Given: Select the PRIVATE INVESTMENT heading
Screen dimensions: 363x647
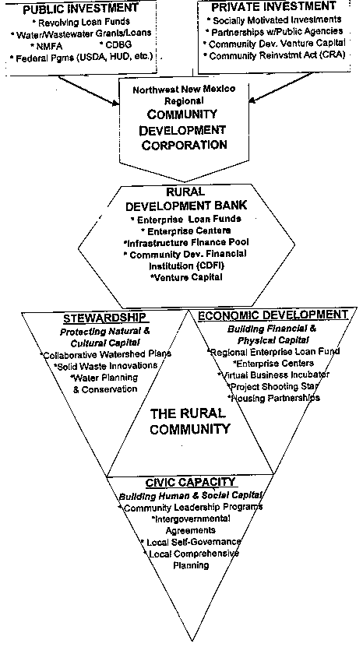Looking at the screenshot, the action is [x=273, y=6].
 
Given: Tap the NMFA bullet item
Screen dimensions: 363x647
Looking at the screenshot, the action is [x=46, y=46].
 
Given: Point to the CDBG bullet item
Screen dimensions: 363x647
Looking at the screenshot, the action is [x=115, y=46].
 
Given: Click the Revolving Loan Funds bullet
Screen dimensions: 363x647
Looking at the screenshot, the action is [x=80, y=23].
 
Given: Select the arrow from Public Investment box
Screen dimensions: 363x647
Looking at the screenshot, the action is [x=88, y=91].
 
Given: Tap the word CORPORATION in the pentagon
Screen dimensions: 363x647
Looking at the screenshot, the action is [x=184, y=145].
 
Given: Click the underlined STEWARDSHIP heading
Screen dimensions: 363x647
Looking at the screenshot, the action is [x=105, y=318].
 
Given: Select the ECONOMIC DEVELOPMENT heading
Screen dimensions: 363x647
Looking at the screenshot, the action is [x=273, y=315].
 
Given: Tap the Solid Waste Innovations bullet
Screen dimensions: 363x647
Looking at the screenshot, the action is [x=105, y=366].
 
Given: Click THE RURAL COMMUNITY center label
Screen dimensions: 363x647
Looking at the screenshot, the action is [x=189, y=421].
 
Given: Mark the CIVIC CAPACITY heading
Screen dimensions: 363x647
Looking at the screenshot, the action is [x=190, y=482].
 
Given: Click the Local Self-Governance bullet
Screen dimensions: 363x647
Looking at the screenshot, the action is [x=191, y=542].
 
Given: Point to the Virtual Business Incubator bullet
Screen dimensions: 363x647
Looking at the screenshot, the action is [x=273, y=375].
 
